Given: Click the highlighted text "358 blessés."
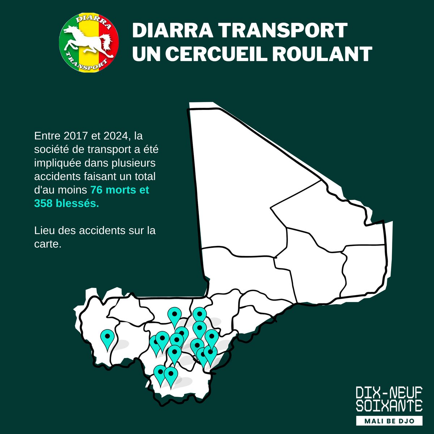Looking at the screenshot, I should tap(66, 203).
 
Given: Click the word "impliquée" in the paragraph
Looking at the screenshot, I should tap(56, 163).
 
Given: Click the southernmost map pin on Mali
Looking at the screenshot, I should tap(171, 374).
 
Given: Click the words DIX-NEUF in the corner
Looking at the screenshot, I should tap(389, 392).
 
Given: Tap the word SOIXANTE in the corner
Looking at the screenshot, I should tap(389, 405).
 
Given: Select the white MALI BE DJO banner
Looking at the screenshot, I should tap(389, 421).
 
